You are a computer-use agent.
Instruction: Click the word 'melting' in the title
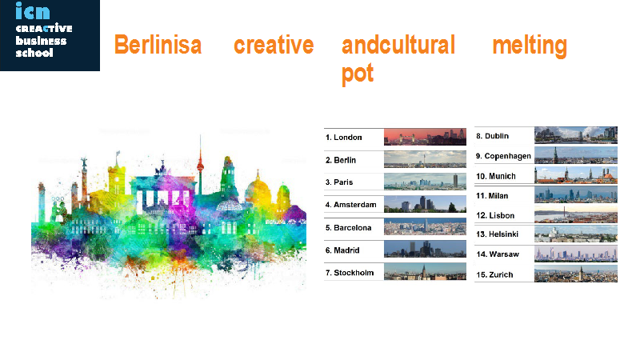530,46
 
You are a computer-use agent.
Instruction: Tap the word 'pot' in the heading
358,74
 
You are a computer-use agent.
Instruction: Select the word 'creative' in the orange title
274,45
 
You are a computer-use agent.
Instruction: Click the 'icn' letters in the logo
33,10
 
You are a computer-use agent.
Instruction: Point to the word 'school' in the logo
34,53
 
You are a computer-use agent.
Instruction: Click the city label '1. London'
344,138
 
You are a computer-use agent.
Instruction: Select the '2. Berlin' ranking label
341,160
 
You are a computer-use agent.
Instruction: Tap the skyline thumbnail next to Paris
425,182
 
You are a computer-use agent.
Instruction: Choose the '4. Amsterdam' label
350,205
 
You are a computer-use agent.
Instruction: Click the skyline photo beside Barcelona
425,226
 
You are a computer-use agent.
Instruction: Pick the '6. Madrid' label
342,250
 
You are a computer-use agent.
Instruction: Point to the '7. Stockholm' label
350,273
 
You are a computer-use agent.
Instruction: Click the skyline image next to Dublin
576,135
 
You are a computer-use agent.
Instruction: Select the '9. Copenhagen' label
503,156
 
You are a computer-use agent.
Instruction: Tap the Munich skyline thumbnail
576,174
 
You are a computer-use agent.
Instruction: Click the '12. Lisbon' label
495,215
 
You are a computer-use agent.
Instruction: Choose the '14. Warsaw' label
498,254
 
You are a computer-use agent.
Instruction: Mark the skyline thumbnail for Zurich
576,274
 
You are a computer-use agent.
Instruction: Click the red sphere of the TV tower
200,166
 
